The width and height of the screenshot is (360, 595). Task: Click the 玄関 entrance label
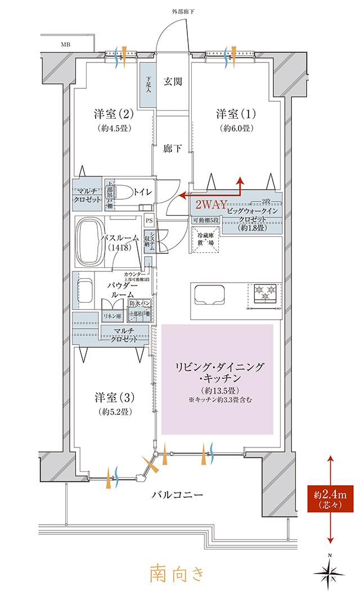click(x=173, y=82)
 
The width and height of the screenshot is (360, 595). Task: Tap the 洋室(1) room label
click(x=236, y=114)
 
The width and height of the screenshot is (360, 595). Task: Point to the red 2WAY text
click(x=210, y=205)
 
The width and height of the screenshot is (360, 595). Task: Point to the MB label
click(x=66, y=43)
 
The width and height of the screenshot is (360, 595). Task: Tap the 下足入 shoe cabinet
click(x=147, y=86)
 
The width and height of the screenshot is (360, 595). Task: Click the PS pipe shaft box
click(x=149, y=221)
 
